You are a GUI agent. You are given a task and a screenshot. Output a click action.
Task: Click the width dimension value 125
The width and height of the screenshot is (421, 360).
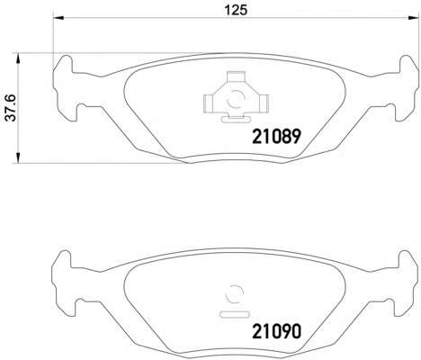(237, 10)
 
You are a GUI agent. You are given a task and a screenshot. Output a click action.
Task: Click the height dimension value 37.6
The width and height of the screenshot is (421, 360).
(11, 108)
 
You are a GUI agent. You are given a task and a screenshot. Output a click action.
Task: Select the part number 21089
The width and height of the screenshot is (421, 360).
(276, 136)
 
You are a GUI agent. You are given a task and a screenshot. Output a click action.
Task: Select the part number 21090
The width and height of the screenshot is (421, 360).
(276, 331)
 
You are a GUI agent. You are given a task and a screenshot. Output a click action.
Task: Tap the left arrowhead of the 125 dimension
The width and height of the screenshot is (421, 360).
(58, 18)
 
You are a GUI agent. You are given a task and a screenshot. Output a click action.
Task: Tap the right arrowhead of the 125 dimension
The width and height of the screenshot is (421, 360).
(414, 18)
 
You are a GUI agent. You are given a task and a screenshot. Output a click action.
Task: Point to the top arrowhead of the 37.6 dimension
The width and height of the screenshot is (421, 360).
(18, 58)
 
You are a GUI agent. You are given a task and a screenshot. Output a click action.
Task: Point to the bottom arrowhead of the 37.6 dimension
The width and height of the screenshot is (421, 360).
(18, 157)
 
